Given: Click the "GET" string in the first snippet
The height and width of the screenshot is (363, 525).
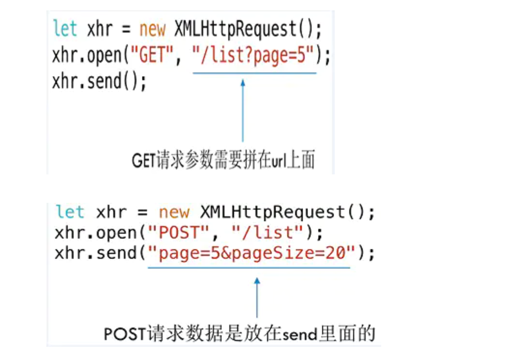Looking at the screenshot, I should [x=153, y=56].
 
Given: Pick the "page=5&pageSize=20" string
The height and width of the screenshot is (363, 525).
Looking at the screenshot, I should [x=251, y=253].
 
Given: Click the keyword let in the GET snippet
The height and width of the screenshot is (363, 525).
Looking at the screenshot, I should [x=64, y=29].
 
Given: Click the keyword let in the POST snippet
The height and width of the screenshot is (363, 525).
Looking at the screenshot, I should [x=70, y=212].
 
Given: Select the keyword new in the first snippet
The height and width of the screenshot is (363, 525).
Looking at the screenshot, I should [x=153, y=29].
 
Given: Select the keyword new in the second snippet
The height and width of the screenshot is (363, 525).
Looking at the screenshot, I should [x=174, y=212].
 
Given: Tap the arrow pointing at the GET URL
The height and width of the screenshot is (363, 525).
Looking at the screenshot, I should [x=243, y=110].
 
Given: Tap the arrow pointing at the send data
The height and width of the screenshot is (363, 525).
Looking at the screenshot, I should [x=257, y=297].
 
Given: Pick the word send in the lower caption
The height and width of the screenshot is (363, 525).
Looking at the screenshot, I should [x=301, y=334].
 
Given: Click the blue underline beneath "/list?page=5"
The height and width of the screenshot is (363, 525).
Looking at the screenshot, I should [x=254, y=73].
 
